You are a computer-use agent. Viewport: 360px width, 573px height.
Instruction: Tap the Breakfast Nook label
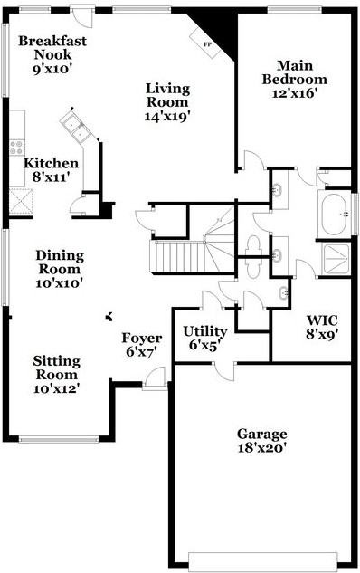click(52, 47)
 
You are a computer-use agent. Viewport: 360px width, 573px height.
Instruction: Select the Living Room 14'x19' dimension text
click(168, 116)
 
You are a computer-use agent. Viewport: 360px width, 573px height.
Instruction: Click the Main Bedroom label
click(295, 72)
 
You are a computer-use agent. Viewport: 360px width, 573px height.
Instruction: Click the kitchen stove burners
click(16, 148)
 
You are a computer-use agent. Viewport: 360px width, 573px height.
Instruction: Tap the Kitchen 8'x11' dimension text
click(51, 177)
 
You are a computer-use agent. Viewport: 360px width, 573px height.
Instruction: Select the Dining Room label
click(60, 262)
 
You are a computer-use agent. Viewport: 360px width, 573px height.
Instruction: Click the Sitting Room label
click(57, 368)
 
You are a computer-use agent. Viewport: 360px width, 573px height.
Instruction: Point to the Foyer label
click(142, 338)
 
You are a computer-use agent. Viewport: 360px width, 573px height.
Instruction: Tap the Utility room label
click(205, 331)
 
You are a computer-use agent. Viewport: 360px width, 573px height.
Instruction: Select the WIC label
click(322, 320)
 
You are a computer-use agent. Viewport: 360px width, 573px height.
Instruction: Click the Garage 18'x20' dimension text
click(261, 448)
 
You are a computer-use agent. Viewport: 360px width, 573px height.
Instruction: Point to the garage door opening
click(263, 562)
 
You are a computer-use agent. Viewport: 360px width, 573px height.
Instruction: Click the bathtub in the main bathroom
click(335, 215)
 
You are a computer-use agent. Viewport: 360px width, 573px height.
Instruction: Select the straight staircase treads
click(179, 256)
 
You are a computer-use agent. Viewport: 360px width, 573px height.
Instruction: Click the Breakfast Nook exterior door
click(83, 15)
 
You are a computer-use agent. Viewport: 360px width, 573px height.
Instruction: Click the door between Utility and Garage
click(225, 372)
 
